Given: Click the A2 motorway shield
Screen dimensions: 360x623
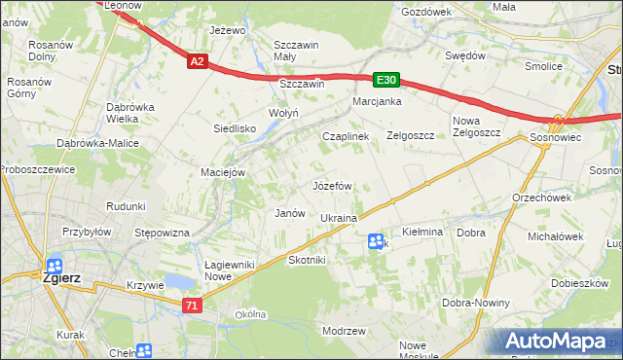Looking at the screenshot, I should point(197,61).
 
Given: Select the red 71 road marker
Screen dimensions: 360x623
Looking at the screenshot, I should point(191,306).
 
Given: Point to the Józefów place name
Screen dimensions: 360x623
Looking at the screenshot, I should point(331,185).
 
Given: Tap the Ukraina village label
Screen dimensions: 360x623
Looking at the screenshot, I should point(339,218).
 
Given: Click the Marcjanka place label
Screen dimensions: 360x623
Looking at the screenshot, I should point(378,101).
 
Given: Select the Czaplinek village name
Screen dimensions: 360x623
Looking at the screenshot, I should point(346,137).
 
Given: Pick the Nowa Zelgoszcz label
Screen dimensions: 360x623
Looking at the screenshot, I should point(476,126).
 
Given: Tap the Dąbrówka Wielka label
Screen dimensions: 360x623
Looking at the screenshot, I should point(131,113).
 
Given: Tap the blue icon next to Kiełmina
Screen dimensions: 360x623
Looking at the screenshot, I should point(376,241).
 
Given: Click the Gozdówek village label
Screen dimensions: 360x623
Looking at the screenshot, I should point(425,12).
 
